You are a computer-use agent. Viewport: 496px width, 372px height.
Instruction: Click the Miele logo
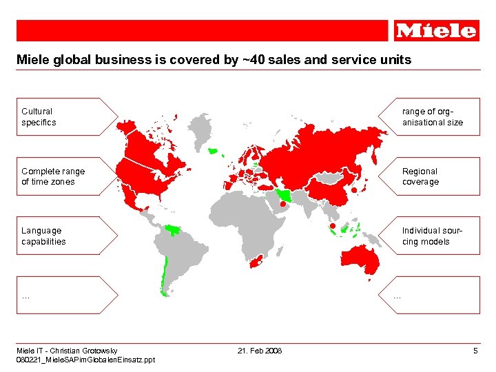[437, 30]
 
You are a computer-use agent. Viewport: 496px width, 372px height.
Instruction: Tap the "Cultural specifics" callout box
[59, 116]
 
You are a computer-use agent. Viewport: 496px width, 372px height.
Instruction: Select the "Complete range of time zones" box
[59, 176]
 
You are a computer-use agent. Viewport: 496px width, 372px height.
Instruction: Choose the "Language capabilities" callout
[59, 236]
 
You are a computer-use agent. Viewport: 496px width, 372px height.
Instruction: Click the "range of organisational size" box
[434, 116]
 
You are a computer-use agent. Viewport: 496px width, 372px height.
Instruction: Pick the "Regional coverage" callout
[434, 176]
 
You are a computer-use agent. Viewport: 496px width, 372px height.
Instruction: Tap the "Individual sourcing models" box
[434, 236]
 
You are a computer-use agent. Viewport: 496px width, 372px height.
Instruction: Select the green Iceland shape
[214, 149]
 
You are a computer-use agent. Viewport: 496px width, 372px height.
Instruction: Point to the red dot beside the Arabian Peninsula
[282, 204]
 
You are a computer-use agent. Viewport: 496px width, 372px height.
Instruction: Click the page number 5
[475, 351]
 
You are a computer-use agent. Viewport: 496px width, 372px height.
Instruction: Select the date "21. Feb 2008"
[260, 351]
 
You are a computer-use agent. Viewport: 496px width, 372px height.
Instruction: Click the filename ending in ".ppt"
[86, 360]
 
